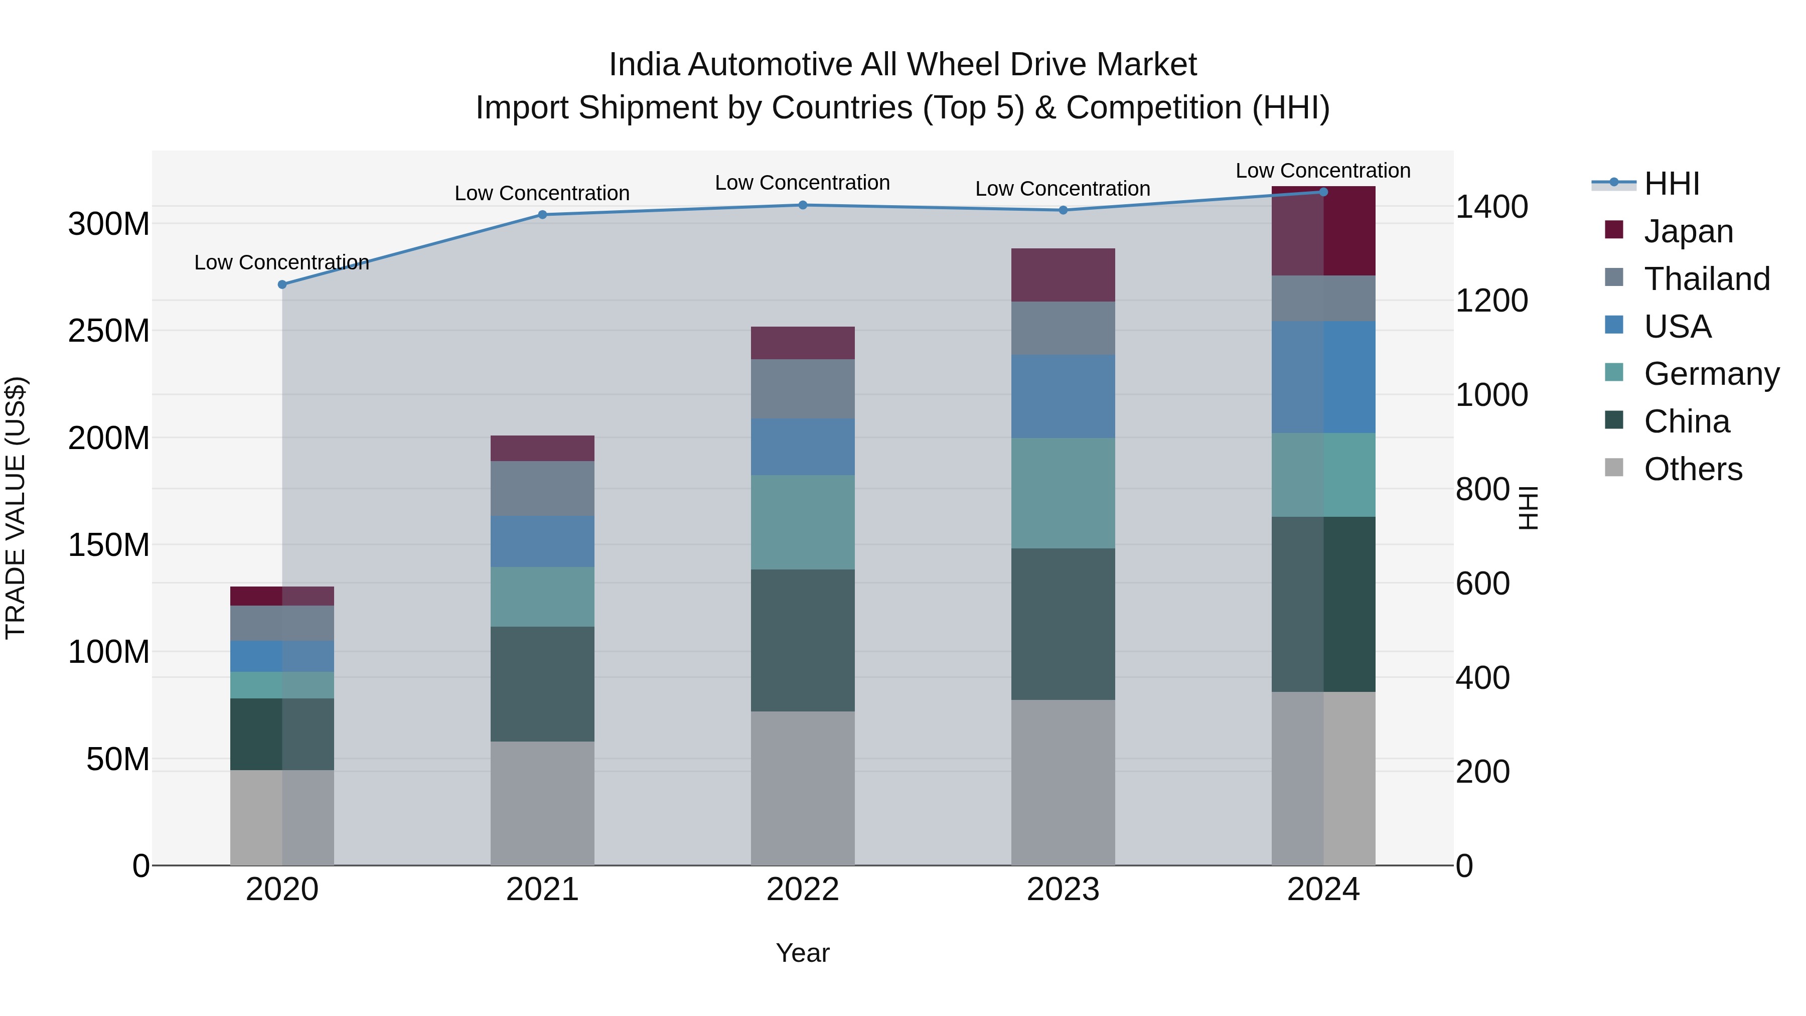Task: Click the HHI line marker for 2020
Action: point(282,284)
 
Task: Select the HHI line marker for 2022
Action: point(803,205)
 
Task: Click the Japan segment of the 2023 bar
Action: point(1063,275)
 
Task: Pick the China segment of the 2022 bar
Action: point(803,640)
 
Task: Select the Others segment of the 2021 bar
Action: point(542,803)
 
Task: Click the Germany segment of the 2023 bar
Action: point(1063,493)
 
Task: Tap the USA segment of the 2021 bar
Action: point(542,541)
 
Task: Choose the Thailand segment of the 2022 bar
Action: point(803,389)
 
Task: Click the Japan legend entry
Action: point(1688,231)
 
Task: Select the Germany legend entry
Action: point(1711,374)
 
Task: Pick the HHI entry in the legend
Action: point(1672,184)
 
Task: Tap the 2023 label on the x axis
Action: point(1063,890)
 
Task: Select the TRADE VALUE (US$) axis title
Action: point(16,508)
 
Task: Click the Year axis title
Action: point(803,953)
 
